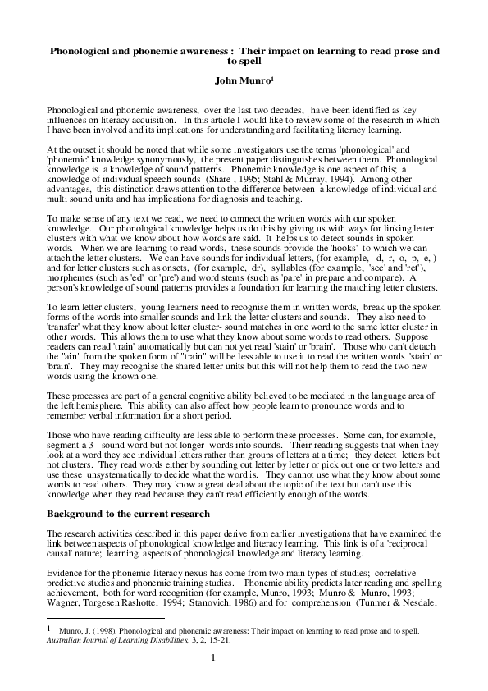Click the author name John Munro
(x=243, y=80)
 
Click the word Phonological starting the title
(x=84, y=51)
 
